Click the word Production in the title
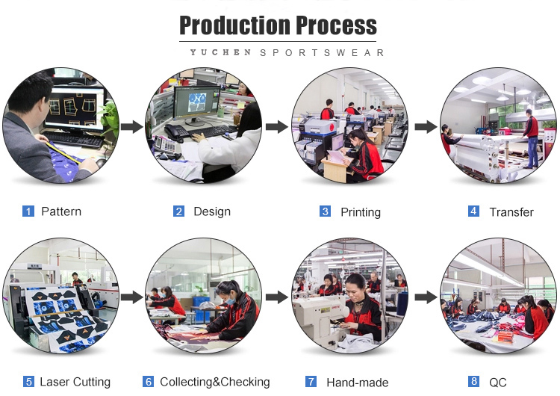[234, 25]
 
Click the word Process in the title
[336, 25]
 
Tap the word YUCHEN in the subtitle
[220, 52]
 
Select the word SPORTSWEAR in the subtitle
[322, 53]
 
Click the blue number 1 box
[28, 211]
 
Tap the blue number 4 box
[473, 211]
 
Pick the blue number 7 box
[311, 381]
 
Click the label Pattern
[61, 211]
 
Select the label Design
[212, 211]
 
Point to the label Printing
[361, 212]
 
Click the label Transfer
[511, 212]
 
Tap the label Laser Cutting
[75, 382]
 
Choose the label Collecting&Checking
[215, 382]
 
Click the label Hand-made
[358, 383]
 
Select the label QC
[498, 383]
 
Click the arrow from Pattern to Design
[131, 126]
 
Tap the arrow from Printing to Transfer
[426, 126]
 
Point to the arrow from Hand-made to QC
[426, 297]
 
